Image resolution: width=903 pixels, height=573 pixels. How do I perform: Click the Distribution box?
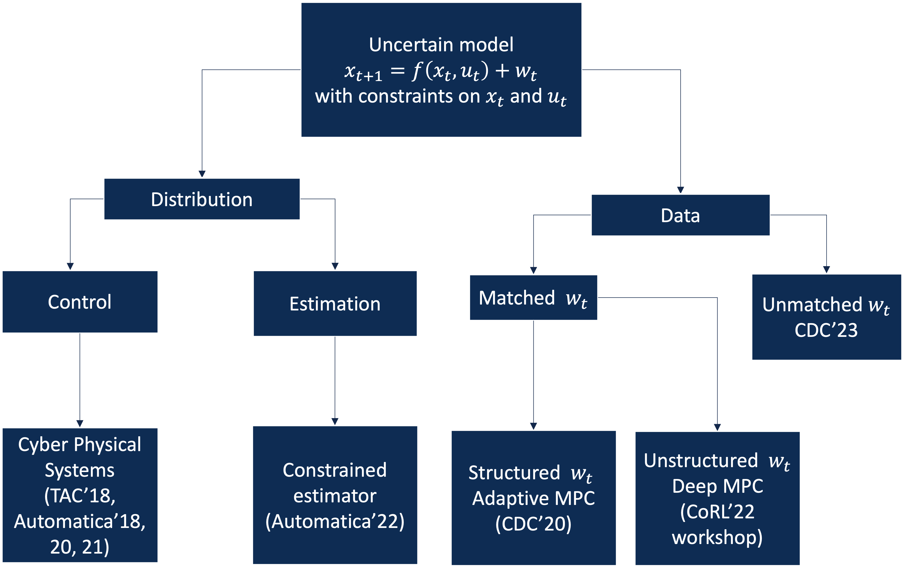(x=202, y=199)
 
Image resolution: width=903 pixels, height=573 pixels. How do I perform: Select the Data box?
(x=680, y=215)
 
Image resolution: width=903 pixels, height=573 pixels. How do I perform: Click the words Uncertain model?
(x=441, y=45)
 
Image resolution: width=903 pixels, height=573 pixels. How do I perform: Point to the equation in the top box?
(x=441, y=71)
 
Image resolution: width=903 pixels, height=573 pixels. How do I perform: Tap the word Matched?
(x=517, y=298)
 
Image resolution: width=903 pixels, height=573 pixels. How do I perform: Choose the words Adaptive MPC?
(x=533, y=498)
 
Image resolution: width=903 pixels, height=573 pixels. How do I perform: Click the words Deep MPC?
(x=717, y=486)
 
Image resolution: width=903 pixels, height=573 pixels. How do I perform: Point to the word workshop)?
(x=717, y=537)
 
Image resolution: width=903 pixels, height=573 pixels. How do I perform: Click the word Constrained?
(x=335, y=470)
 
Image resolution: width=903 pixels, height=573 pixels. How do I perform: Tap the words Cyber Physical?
(x=80, y=445)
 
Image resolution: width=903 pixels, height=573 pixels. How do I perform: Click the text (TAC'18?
(x=80, y=496)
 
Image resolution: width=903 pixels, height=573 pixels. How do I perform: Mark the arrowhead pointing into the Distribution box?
(x=202, y=174)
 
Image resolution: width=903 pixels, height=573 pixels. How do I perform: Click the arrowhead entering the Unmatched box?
(x=827, y=270)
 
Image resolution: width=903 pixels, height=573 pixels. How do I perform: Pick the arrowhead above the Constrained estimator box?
(x=335, y=422)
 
